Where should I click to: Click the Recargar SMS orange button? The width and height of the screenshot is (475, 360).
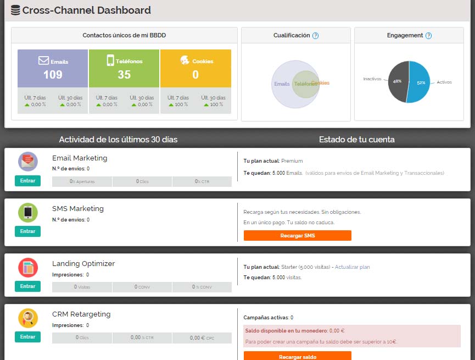coord(297,236)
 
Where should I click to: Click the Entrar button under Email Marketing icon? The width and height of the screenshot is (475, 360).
coord(27,181)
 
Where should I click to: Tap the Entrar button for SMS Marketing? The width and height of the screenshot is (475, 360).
coord(27,231)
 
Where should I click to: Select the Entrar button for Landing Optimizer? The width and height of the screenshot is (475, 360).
coord(27,286)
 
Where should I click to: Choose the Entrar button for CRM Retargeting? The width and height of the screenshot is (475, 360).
coord(27,337)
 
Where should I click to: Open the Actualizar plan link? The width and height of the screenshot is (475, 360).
coord(352,267)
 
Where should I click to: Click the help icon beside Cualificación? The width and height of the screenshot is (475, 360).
coord(315,36)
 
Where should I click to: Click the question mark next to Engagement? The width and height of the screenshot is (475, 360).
coord(428,36)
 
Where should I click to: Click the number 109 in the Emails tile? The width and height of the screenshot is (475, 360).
coord(53,75)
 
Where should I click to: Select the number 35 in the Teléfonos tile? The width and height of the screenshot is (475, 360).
coord(124,75)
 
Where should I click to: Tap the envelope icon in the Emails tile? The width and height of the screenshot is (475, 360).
coord(43,60)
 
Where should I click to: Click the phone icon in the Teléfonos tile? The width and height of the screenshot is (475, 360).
coord(110,60)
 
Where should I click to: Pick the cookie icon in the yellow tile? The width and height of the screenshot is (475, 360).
coord(185,60)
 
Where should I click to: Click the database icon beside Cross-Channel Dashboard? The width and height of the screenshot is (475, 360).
coord(15,10)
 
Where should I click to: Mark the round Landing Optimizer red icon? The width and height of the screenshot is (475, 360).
coord(27,268)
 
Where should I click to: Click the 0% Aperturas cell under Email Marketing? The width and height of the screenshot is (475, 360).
coord(82,181)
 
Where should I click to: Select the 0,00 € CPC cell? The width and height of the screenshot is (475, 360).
coord(202,337)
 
